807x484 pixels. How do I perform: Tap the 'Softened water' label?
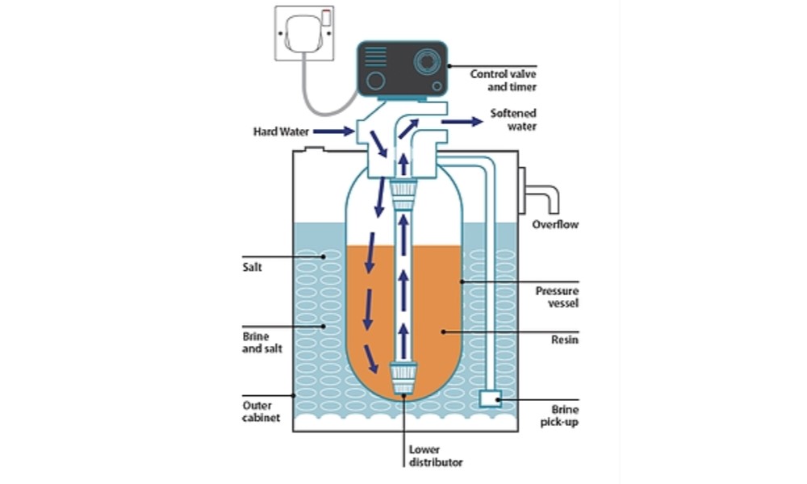click(513, 119)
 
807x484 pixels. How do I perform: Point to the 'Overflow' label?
click(554, 224)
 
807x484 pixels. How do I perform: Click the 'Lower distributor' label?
click(436, 457)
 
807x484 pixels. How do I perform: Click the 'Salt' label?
click(252, 266)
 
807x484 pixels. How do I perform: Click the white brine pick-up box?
click(490, 398)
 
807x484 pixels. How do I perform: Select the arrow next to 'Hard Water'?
click(333, 130)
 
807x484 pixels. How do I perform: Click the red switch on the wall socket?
click(326, 15)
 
